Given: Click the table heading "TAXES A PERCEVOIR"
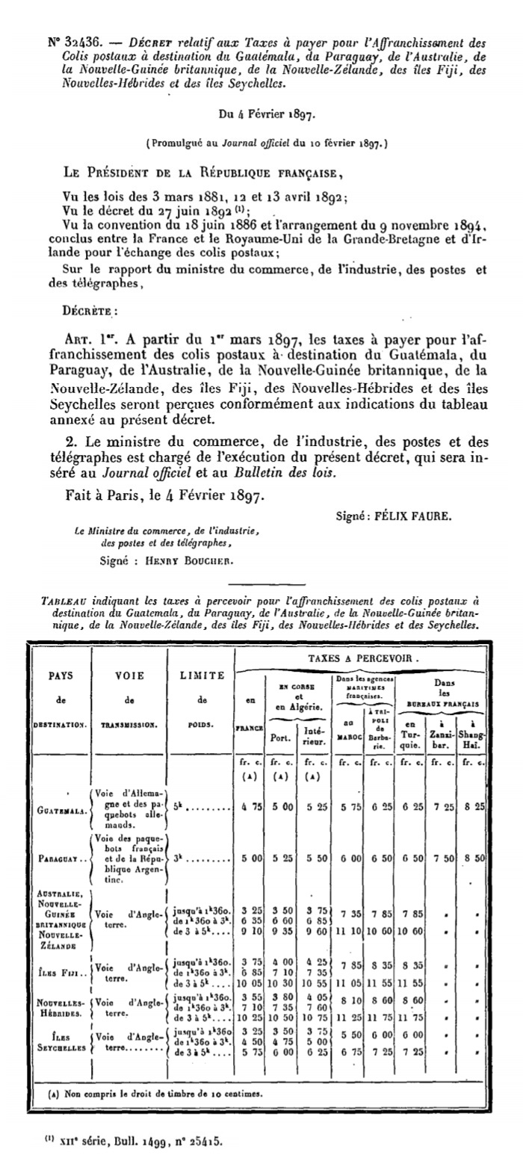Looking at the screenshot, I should [363, 659].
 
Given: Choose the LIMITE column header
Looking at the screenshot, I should [202, 675].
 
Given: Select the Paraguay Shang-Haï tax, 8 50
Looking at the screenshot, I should [474, 860].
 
